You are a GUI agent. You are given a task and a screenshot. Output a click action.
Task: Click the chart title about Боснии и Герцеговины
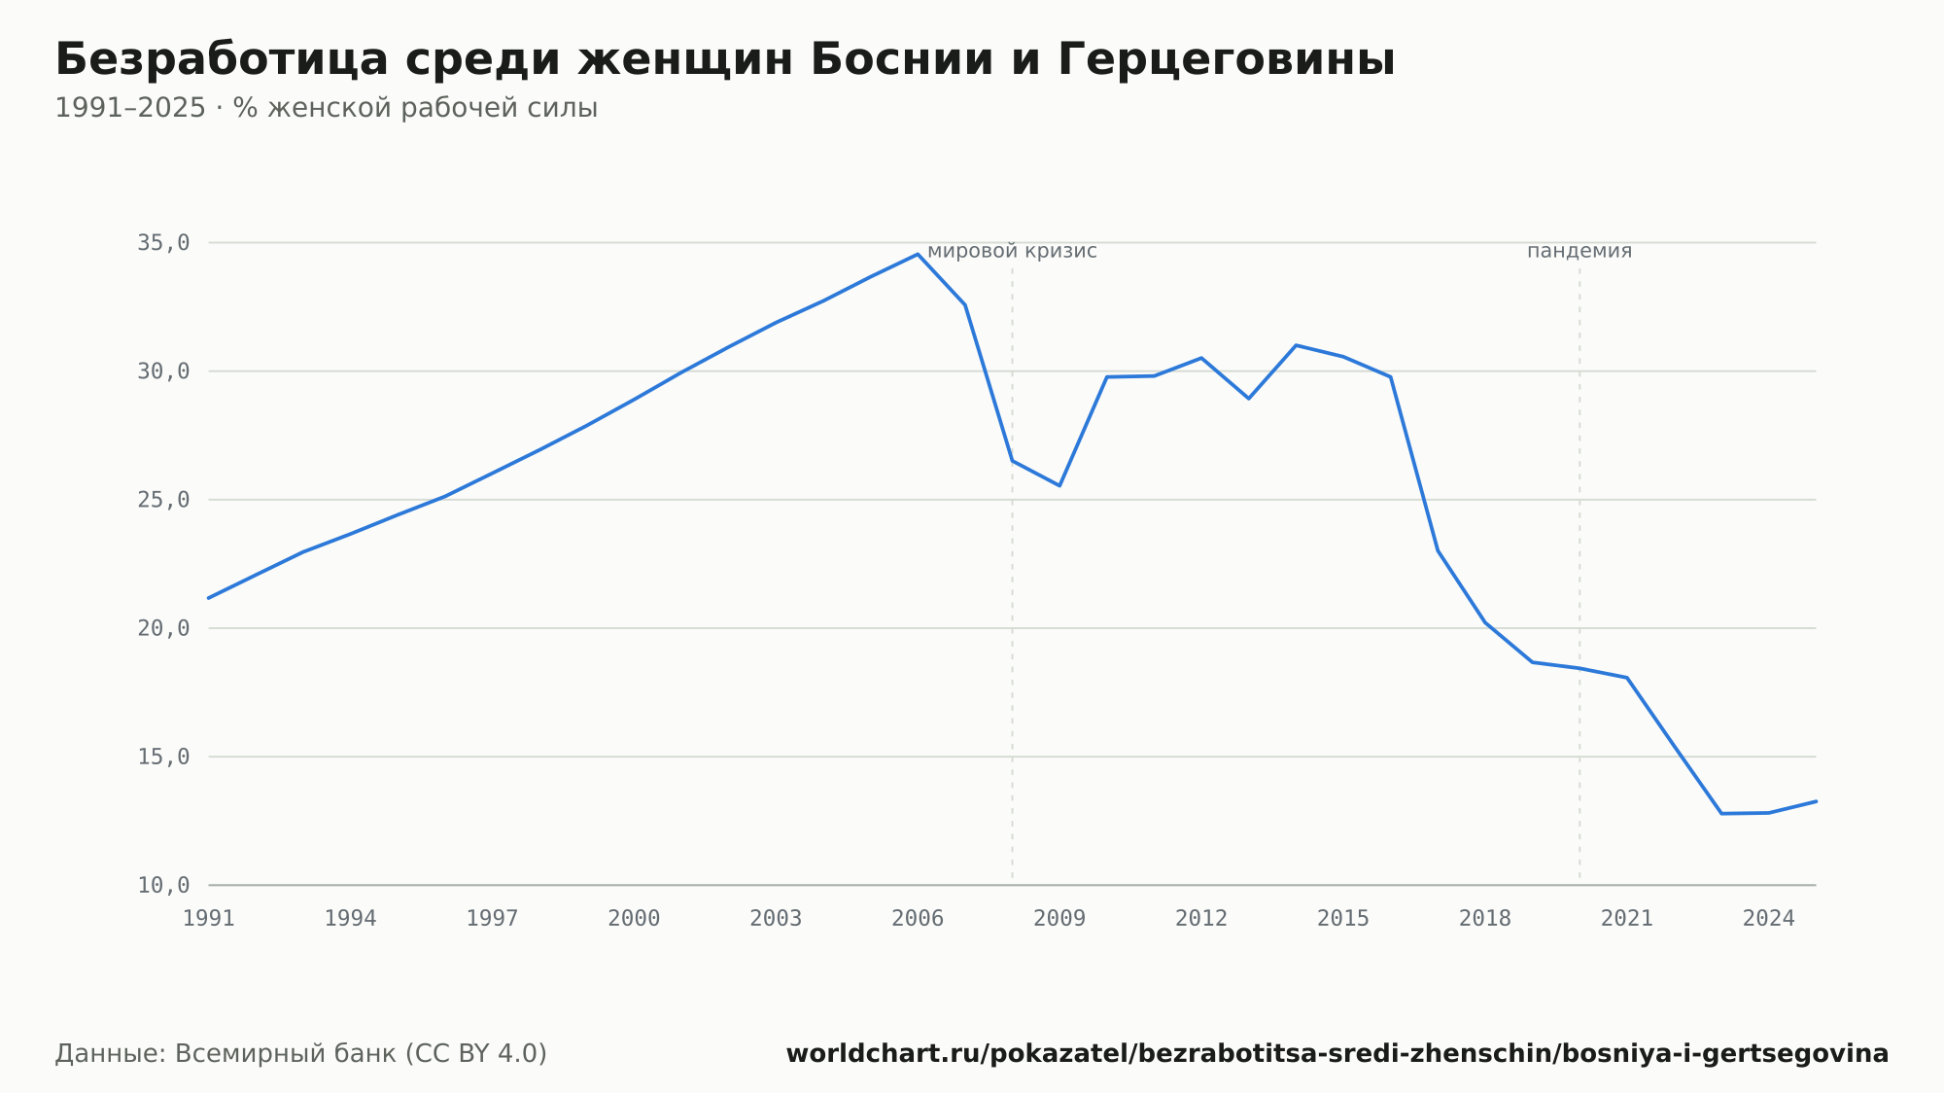(x=725, y=60)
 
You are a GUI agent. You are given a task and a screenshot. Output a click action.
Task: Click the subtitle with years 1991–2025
(x=326, y=108)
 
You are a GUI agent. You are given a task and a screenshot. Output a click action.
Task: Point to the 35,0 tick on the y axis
(x=163, y=243)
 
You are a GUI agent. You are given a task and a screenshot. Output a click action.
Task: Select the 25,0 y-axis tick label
(x=163, y=500)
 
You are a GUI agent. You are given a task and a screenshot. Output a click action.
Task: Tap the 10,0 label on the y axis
(x=163, y=885)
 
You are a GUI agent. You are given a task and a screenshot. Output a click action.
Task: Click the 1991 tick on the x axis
(x=209, y=919)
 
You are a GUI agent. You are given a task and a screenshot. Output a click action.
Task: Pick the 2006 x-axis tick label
(x=918, y=919)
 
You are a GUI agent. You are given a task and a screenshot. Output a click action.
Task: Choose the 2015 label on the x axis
(x=1343, y=919)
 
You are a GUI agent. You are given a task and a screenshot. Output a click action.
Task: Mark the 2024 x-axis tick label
(x=1769, y=919)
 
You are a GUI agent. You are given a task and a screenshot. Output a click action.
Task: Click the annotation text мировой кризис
(x=1012, y=251)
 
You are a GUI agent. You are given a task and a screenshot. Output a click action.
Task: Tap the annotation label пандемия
(x=1579, y=251)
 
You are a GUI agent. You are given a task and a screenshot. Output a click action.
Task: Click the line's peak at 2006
(x=918, y=255)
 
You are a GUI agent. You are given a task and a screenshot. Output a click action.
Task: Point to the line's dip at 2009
(x=1059, y=485)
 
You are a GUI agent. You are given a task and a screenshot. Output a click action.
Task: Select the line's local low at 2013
(x=1249, y=399)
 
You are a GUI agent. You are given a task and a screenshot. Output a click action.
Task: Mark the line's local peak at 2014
(x=1296, y=345)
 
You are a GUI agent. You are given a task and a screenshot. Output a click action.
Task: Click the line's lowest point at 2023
(x=1721, y=813)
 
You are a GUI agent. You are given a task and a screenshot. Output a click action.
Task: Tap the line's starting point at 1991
(x=209, y=598)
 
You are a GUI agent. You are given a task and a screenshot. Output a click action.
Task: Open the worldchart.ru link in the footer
(x=1337, y=1054)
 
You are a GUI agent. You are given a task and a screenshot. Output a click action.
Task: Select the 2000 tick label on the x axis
(x=634, y=919)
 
